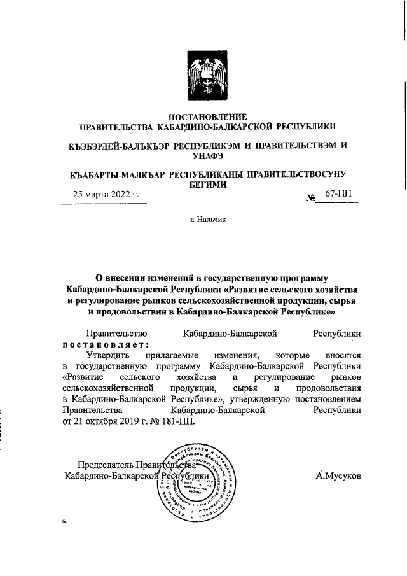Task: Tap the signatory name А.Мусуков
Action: point(338,475)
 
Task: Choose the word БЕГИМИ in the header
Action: point(206,185)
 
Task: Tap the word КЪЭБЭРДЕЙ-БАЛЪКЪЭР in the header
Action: point(119,146)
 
